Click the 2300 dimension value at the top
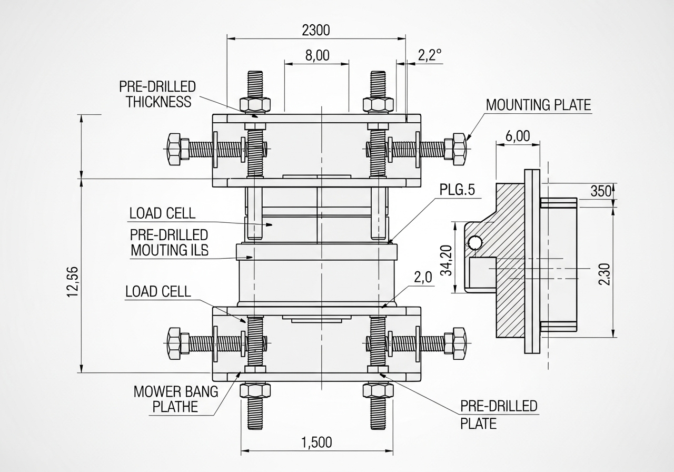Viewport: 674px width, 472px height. [x=316, y=30]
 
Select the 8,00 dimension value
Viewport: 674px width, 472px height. [x=317, y=56]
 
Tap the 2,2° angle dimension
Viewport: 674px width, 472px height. [x=430, y=55]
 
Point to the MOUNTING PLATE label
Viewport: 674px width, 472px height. [x=538, y=104]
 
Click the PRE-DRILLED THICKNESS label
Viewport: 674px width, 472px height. [x=158, y=94]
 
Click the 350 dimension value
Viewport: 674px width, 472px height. [x=600, y=191]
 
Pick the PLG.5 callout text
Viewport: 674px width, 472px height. [x=458, y=190]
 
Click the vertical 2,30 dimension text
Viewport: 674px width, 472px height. [x=604, y=274]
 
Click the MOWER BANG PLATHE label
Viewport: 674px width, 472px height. [x=168, y=399]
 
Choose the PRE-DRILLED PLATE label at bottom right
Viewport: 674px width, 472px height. [x=498, y=414]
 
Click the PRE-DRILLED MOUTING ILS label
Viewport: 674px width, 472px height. [x=169, y=242]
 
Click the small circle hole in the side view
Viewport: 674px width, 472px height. [x=474, y=242]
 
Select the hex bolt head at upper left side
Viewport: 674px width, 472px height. [x=173, y=149]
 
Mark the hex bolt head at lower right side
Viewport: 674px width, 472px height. [x=455, y=341]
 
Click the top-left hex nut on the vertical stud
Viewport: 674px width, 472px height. [x=255, y=104]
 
